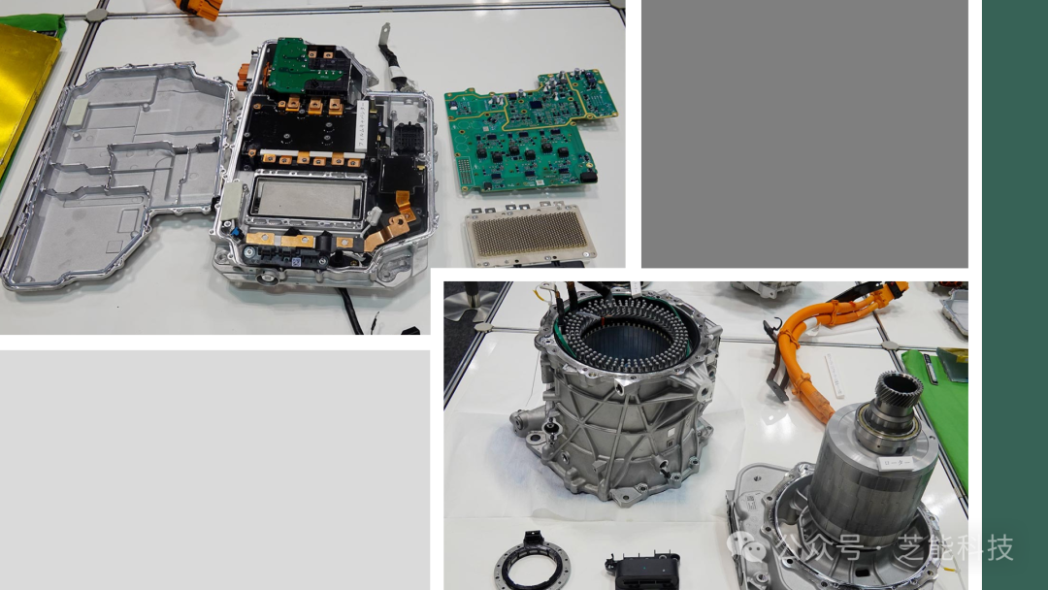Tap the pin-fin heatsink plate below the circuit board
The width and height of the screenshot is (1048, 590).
point(528,236)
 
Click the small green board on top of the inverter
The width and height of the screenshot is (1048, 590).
point(301,64)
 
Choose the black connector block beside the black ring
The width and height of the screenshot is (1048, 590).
point(641,568)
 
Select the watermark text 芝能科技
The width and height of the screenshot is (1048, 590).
point(955,549)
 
